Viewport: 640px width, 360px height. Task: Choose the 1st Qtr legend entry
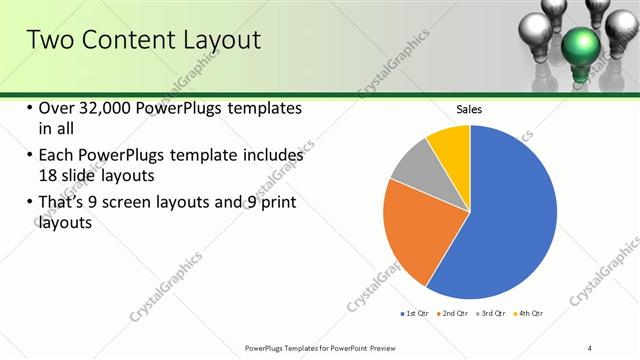click(x=416, y=314)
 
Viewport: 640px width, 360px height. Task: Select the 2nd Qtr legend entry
click(x=456, y=314)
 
